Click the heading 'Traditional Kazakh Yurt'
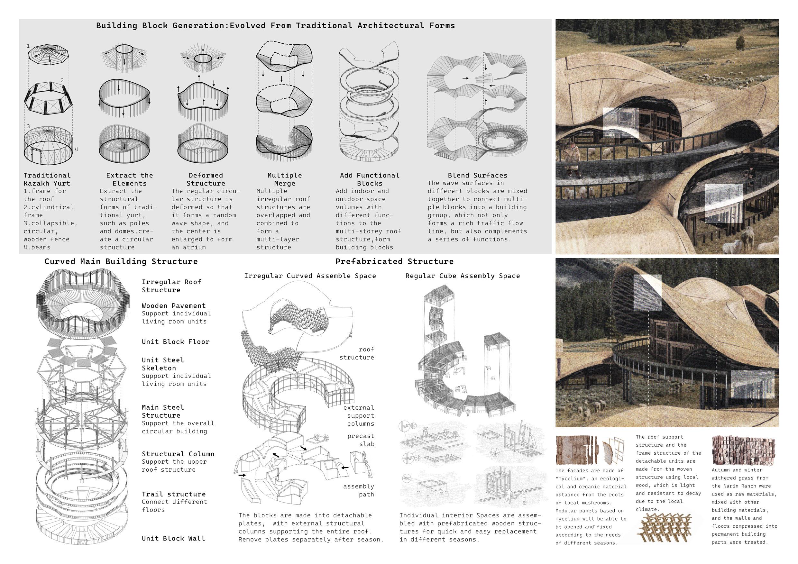pyautogui.click(x=47, y=179)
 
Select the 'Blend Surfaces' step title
pyautogui.click(x=477, y=176)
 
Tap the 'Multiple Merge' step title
pyautogui.click(x=284, y=179)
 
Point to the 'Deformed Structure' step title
pyautogui.click(x=206, y=179)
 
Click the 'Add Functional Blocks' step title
pyautogui.click(x=370, y=179)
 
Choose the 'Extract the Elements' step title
pyautogui.click(x=129, y=179)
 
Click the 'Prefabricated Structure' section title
pyautogui.click(x=394, y=261)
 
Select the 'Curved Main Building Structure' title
pyautogui.click(x=121, y=261)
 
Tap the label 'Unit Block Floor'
pyautogui.click(x=176, y=341)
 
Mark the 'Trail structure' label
pyautogui.click(x=173, y=494)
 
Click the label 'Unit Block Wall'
pyautogui.click(x=173, y=538)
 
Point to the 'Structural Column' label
pyautogui.click(x=178, y=454)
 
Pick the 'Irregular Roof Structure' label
pyautogui.click(x=171, y=286)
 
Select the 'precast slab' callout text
pyautogui.click(x=361, y=440)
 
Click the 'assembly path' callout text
pyautogui.click(x=358, y=490)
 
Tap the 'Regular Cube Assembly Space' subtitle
pyautogui.click(x=462, y=276)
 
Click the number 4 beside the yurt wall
pyautogui.click(x=76, y=150)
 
